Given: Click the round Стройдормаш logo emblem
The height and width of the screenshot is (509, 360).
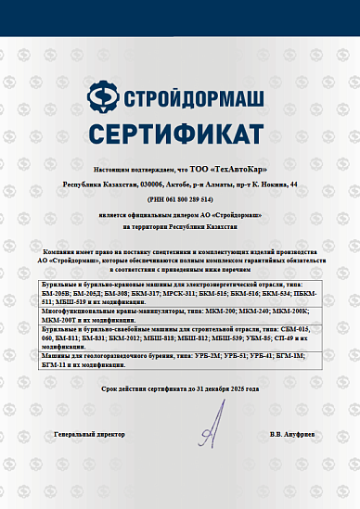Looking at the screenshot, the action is (103, 96).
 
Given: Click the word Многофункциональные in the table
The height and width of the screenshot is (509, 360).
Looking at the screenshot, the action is (73, 311).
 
